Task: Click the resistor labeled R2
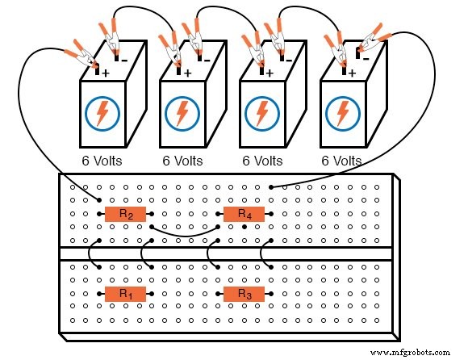[x=126, y=214]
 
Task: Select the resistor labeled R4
[x=244, y=214]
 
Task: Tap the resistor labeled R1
[x=126, y=294]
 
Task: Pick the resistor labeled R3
[x=244, y=294]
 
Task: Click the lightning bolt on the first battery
[x=102, y=114]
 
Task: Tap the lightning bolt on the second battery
[x=182, y=114]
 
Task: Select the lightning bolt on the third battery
[x=262, y=114]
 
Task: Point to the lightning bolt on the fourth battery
[x=342, y=114]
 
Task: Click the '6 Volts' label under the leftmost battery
[x=102, y=161]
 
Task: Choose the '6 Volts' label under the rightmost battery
[x=342, y=161]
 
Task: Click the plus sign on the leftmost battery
[x=106, y=73]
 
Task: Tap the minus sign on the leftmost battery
[x=124, y=59]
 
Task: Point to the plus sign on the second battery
[x=187, y=73]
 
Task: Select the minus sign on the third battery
[x=286, y=59]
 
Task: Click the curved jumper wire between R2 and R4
[x=185, y=235]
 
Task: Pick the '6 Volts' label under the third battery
[x=262, y=161]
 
